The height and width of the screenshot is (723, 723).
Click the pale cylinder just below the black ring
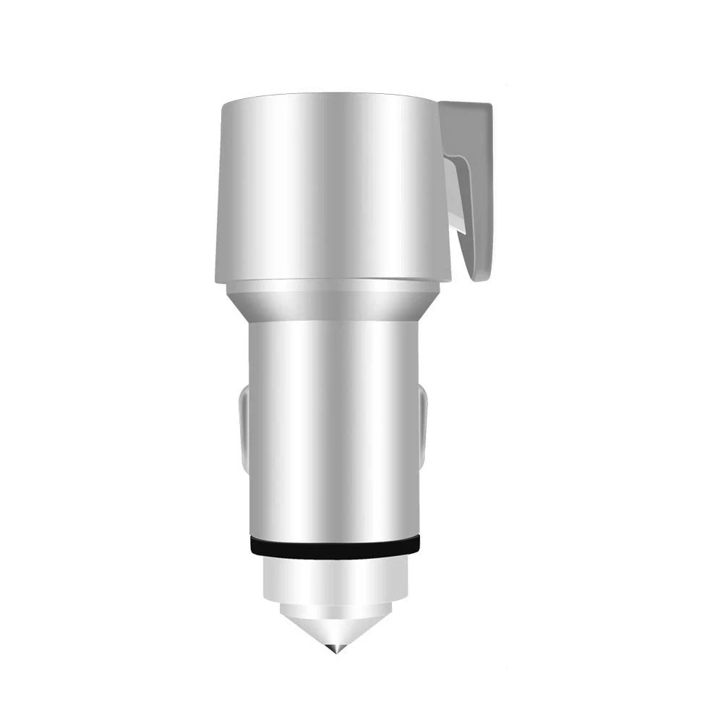coord(333,575)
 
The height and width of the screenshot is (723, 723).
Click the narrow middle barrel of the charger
coord(333,427)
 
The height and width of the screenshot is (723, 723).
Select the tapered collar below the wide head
coord(333,304)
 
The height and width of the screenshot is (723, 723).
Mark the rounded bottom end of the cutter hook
coord(477,275)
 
